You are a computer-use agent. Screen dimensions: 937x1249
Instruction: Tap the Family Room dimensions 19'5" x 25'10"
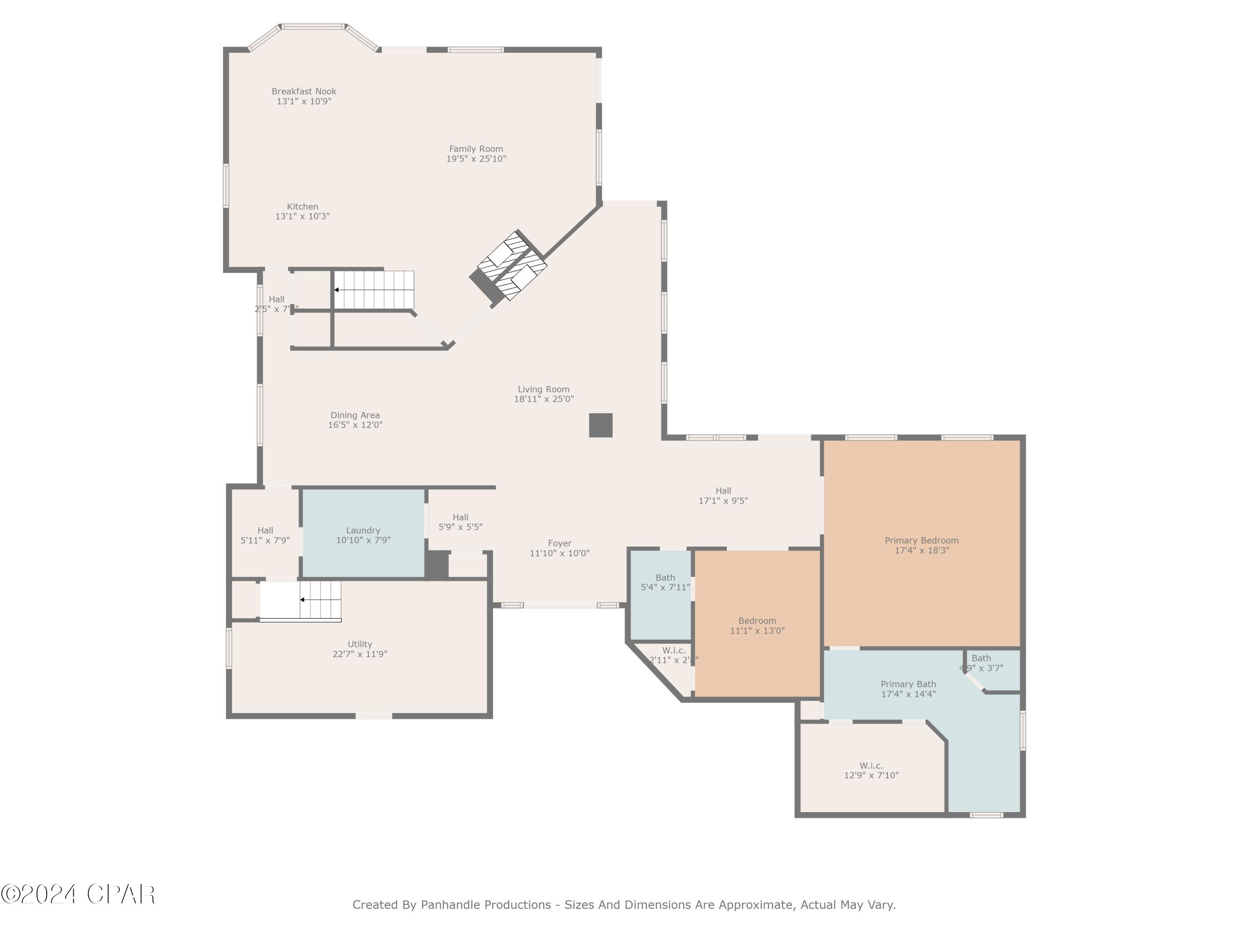[x=476, y=159]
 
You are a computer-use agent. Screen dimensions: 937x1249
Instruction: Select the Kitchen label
[x=303, y=207]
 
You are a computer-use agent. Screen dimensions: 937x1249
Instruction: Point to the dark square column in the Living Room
[x=601, y=425]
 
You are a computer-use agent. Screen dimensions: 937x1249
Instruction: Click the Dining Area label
[x=355, y=416]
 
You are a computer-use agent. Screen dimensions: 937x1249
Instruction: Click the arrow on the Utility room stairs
[x=303, y=600]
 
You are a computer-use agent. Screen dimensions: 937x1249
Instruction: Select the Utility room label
[x=360, y=644]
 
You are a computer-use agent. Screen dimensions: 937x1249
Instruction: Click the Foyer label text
[x=560, y=543]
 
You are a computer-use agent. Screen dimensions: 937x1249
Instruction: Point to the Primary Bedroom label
[x=921, y=541]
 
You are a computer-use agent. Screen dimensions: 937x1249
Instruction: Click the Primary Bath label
[x=908, y=684]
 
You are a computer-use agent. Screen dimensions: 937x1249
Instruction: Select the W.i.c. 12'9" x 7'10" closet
[x=871, y=770]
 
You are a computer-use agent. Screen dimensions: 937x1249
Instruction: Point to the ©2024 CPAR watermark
[x=78, y=894]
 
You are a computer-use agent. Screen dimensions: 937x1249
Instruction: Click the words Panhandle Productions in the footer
[x=485, y=905]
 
